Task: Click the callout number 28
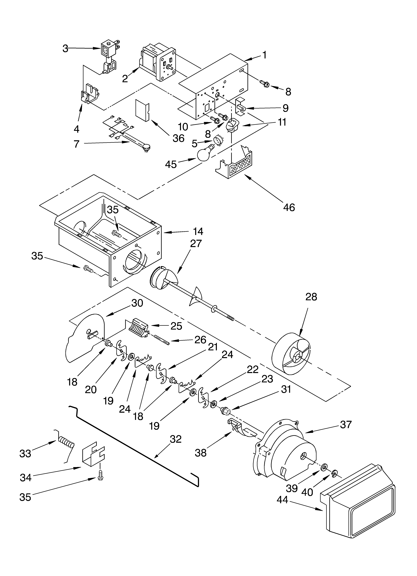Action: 311,297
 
